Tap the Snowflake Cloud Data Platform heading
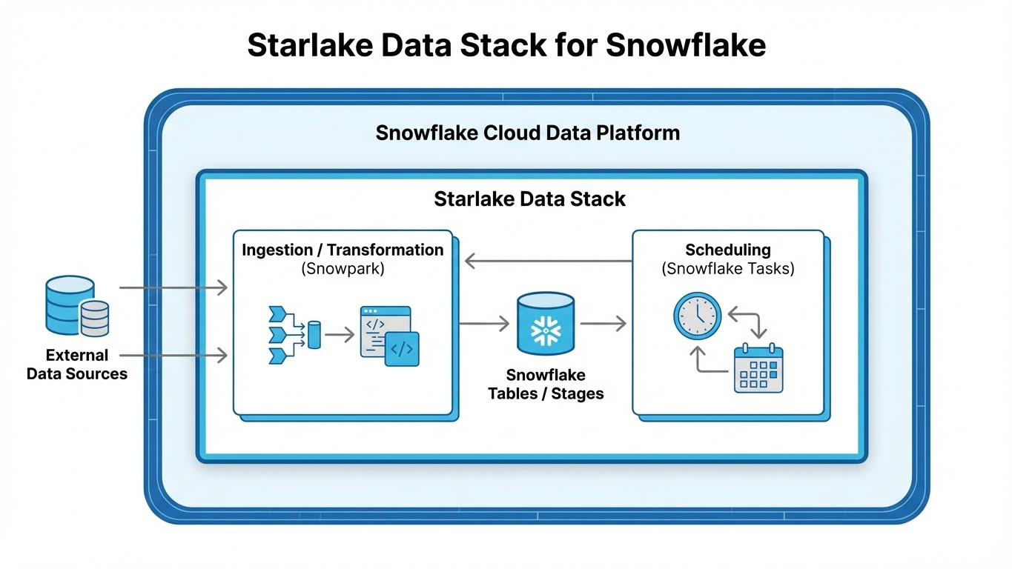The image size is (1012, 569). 528,133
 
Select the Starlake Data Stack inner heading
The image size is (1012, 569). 529,199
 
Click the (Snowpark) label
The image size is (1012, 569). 343,269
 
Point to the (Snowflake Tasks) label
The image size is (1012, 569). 728,269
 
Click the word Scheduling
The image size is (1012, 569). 728,250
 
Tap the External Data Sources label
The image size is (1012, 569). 77,365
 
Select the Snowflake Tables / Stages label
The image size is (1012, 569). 546,385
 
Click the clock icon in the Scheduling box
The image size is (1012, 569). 697,316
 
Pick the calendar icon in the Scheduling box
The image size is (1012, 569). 758,367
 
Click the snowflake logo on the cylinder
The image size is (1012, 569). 546,330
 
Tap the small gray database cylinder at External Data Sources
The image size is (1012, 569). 95,319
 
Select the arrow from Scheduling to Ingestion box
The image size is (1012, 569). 549,261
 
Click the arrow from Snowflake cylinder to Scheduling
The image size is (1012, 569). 603,323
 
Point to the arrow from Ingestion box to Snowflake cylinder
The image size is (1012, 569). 484,323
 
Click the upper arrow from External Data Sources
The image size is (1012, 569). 173,287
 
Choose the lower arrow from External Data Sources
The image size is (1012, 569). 173,356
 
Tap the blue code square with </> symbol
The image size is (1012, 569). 402,349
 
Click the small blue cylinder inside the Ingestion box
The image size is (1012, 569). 314,335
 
